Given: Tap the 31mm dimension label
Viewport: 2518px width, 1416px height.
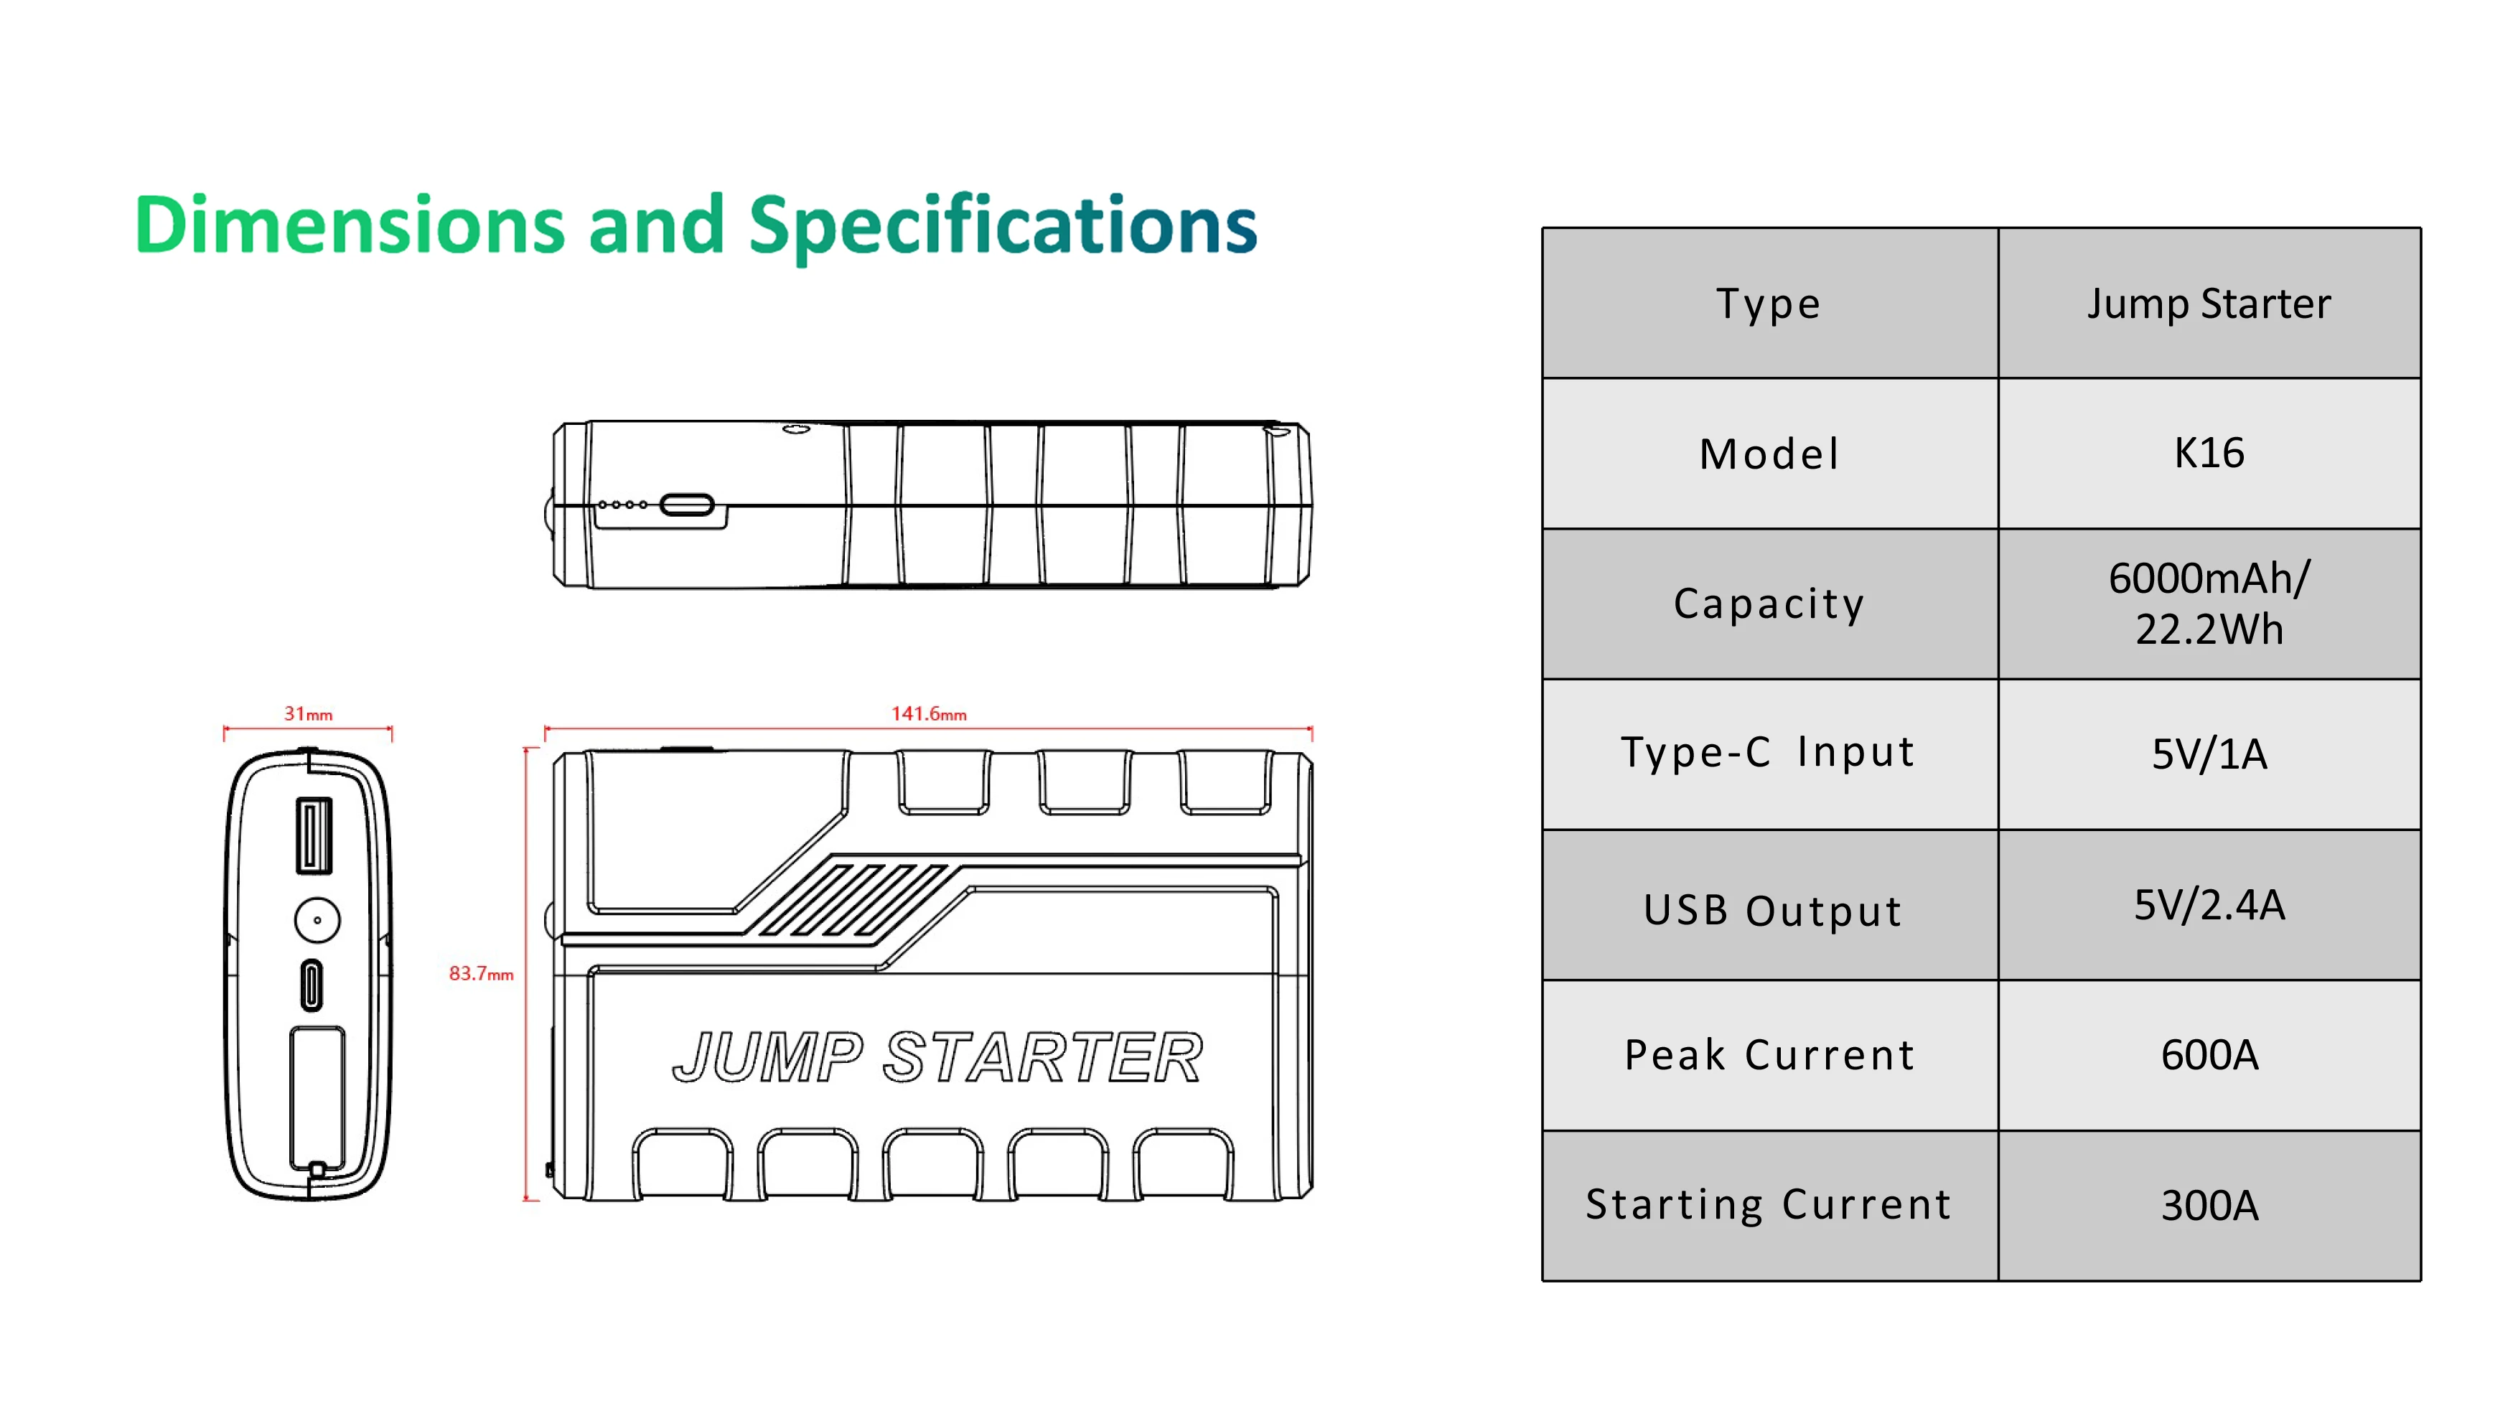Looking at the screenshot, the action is [x=308, y=714].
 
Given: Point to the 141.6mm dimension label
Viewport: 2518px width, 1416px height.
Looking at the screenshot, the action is [x=929, y=714].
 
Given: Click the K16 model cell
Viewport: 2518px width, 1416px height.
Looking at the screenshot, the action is [x=2209, y=454].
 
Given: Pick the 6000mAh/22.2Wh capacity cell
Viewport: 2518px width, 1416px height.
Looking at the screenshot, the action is [x=2209, y=604].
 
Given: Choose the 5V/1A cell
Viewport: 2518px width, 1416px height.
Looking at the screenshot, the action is [x=2209, y=754].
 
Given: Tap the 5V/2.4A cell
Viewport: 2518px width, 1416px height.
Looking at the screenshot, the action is [x=2209, y=905].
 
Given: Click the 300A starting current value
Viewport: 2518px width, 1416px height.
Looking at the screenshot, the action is [x=2209, y=1206].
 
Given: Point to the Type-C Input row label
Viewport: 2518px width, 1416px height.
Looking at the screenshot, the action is [x=1768, y=752].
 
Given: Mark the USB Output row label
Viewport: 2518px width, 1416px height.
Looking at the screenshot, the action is [x=1772, y=911].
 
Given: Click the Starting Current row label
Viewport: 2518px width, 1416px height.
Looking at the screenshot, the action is [x=1768, y=1205].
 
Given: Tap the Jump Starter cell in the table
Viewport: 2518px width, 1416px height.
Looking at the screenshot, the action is [x=2209, y=304].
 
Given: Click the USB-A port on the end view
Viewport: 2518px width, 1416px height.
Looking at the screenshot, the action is [x=314, y=835].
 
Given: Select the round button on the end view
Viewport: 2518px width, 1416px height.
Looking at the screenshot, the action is [x=318, y=921].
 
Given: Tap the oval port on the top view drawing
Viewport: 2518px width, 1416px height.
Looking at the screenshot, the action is [x=686, y=505].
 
